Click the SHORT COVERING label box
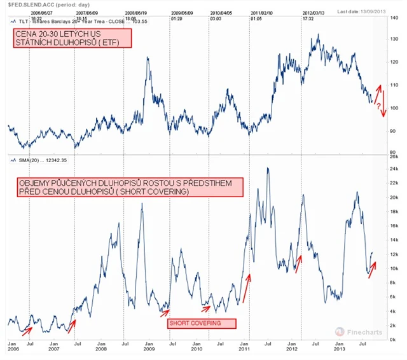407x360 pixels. [202, 323]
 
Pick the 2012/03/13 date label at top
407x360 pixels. [310, 12]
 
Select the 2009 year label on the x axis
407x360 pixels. [149, 350]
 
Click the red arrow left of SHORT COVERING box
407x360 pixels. [164, 310]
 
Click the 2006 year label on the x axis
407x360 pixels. [13, 350]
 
